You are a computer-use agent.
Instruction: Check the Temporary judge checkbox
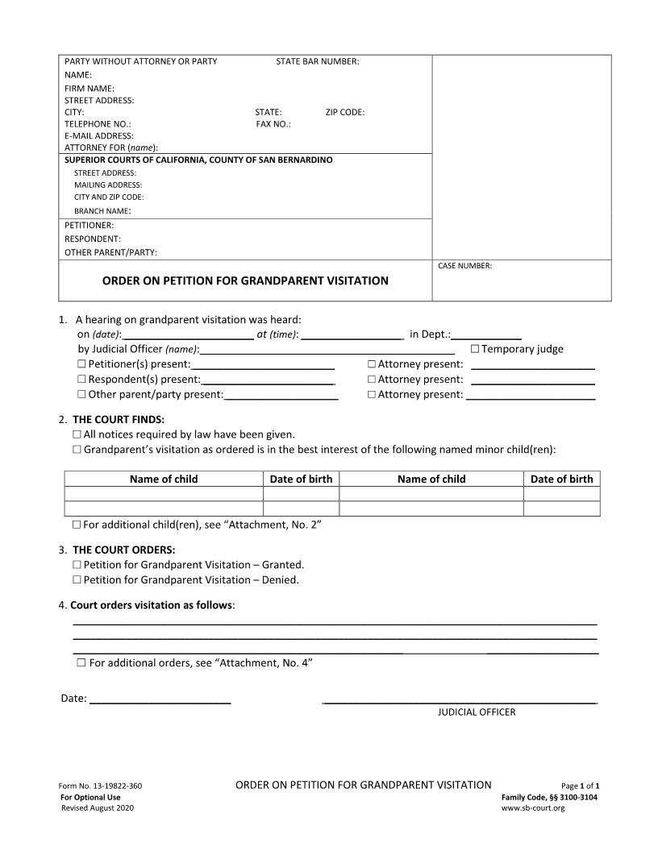(475, 349)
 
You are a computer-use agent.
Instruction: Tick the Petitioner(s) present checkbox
(81, 364)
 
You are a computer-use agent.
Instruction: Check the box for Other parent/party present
(81, 395)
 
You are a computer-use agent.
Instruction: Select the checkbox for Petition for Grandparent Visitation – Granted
(77, 565)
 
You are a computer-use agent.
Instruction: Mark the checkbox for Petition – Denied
(77, 580)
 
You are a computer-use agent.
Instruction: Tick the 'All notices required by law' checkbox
(77, 434)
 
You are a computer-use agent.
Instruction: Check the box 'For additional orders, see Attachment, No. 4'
(81, 662)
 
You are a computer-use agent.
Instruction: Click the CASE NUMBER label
(464, 266)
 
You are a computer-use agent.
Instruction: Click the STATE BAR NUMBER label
(317, 61)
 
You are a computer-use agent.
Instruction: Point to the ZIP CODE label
(345, 112)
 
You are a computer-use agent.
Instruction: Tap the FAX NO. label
(273, 124)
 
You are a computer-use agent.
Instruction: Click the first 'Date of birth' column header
(301, 479)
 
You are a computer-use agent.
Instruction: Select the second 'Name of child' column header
(431, 479)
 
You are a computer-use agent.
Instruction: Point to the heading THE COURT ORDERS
(123, 550)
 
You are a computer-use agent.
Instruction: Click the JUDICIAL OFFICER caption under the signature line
(477, 712)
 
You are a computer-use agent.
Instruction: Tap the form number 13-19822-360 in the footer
(101, 786)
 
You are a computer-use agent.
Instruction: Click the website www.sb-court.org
(533, 807)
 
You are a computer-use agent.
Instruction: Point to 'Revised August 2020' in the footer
(98, 807)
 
